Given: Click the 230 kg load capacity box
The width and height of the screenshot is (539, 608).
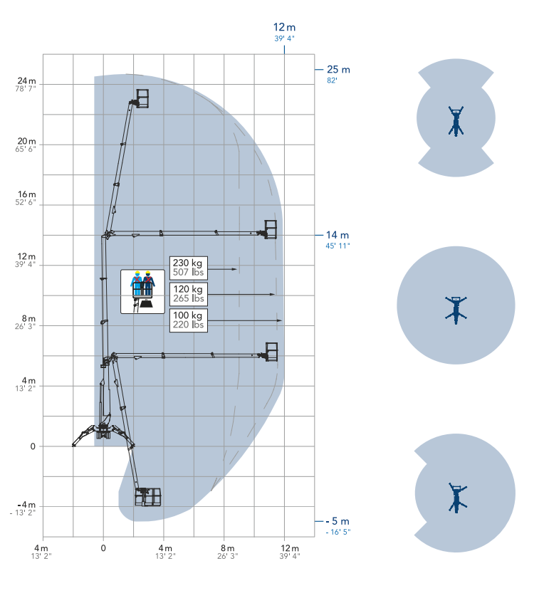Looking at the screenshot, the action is click(x=189, y=268).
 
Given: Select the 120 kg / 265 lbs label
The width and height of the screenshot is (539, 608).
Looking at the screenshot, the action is click(x=189, y=294).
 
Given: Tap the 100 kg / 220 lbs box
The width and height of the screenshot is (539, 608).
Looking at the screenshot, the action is click(x=189, y=320).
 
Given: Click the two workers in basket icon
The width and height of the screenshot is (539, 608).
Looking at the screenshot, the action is click(x=142, y=292).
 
